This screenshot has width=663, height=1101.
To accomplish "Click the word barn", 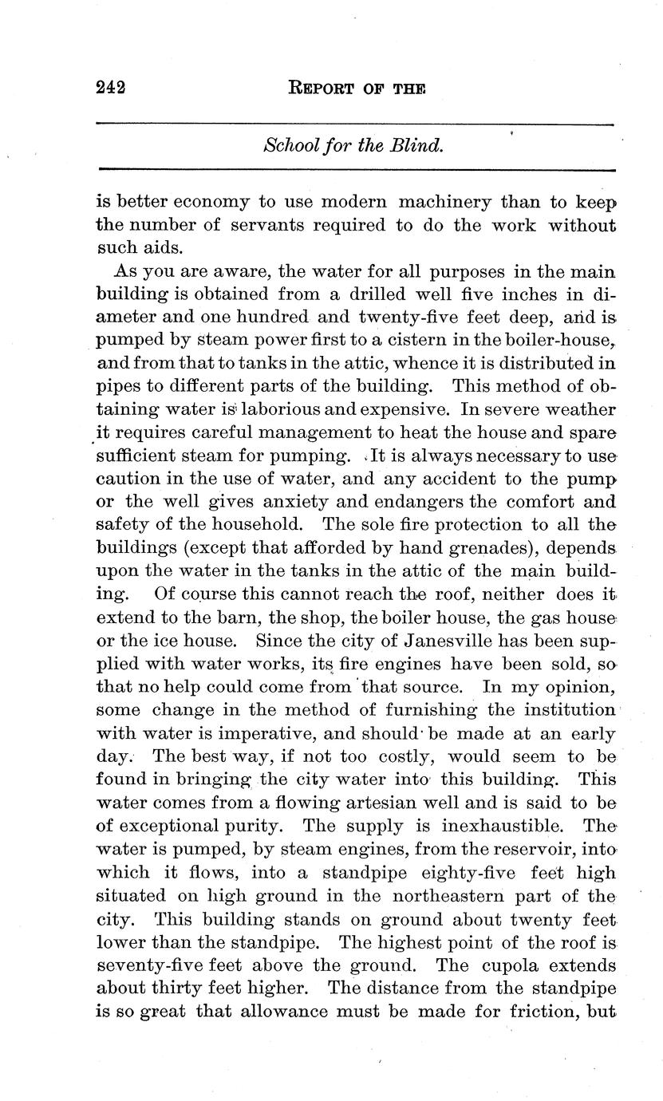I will pos(207,618).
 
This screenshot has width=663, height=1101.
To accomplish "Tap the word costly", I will pos(404,756).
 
